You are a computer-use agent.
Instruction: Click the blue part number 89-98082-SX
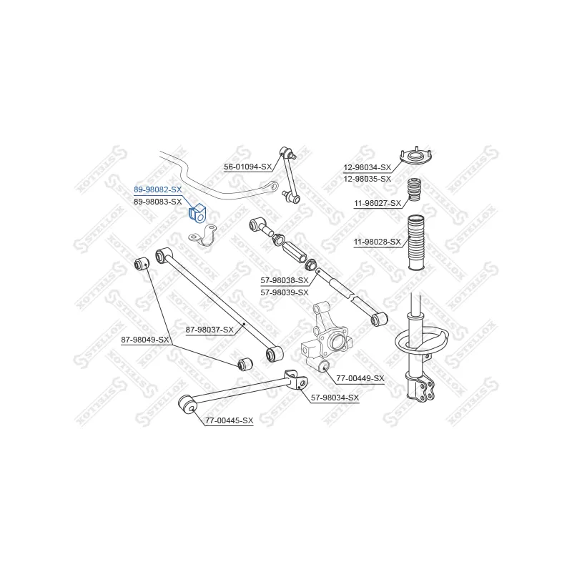click(157, 189)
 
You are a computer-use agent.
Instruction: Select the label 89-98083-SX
click(157, 202)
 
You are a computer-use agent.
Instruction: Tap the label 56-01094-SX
click(247, 167)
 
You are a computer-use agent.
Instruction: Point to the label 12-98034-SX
click(367, 167)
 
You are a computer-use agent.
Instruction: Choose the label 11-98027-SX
click(378, 203)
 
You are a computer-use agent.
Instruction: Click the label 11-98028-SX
click(378, 242)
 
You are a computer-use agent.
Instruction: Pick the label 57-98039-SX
click(285, 292)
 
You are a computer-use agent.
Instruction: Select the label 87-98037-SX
click(209, 330)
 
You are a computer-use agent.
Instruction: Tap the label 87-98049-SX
click(145, 340)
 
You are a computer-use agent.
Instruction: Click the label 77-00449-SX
click(360, 378)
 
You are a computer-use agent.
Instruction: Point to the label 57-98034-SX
click(335, 398)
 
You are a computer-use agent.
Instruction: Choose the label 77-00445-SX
click(229, 420)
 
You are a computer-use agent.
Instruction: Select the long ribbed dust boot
click(416, 242)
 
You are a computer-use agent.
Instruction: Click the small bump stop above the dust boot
click(414, 189)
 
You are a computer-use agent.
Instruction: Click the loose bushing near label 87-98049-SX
click(245, 364)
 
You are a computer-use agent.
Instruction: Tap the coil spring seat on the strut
click(421, 342)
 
